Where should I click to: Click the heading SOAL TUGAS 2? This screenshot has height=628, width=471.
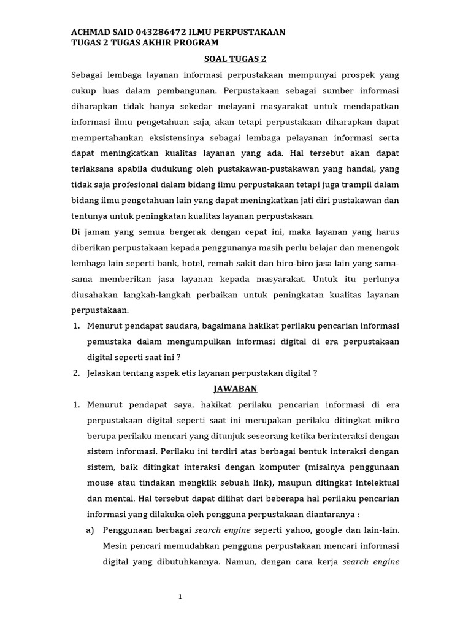point(235,59)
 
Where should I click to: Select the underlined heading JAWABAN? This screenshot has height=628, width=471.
point(235,389)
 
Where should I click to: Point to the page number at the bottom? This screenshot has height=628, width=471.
point(180,597)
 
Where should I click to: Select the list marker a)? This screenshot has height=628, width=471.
point(91,530)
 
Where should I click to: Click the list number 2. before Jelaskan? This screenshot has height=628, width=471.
point(77,373)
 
